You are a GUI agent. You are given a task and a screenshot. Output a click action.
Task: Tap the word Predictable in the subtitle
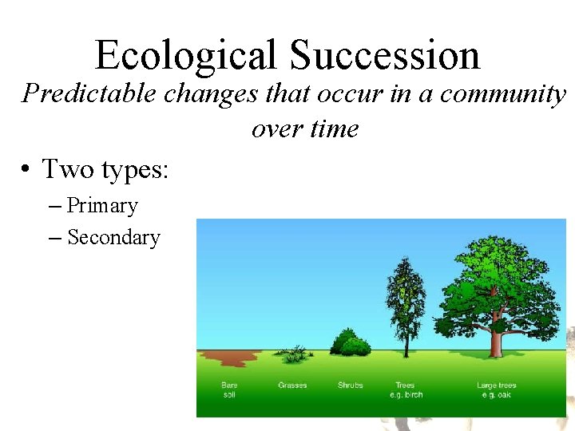click(89, 94)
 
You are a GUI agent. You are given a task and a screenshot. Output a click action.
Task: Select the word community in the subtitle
click(503, 94)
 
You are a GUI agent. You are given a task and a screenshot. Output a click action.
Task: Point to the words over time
click(305, 128)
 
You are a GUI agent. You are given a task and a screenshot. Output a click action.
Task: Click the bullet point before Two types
click(26, 170)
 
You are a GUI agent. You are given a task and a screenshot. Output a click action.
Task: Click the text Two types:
click(105, 169)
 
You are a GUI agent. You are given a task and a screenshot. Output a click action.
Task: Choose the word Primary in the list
click(102, 206)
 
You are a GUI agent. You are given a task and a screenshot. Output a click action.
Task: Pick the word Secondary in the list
click(113, 238)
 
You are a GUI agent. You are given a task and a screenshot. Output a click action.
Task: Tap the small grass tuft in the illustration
click(295, 354)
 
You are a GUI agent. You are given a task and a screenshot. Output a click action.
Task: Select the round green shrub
click(350, 343)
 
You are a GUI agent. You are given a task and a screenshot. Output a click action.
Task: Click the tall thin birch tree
click(406, 303)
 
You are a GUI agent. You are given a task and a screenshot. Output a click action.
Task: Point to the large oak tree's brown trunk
click(497, 342)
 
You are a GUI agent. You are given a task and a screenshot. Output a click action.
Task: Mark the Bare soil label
click(229, 389)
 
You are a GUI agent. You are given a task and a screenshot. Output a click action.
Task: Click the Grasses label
click(292, 386)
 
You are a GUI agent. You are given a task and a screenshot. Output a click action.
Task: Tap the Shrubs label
click(350, 386)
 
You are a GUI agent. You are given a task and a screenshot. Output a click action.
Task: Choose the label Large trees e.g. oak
click(496, 389)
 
